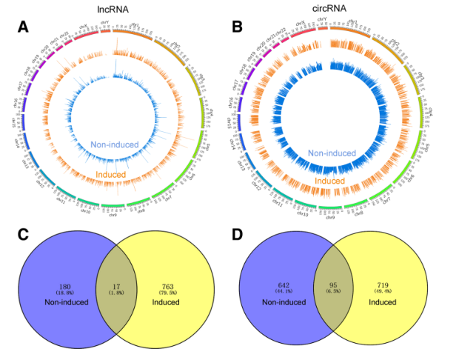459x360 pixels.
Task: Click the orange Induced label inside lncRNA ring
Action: pos(110,174)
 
